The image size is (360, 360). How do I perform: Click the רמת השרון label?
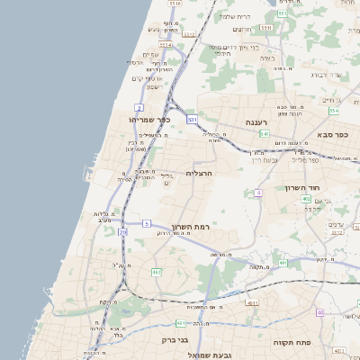tap(189, 227)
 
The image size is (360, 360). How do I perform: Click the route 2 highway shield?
tap(139, 107)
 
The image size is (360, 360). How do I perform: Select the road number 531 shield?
tap(192, 118)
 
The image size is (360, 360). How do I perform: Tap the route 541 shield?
tap(264, 133)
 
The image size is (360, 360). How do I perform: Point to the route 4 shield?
tap(259, 193)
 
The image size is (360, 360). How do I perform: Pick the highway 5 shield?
tap(146, 222)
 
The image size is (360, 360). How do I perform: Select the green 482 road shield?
tap(156, 271)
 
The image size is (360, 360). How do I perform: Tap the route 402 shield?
tap(306, 199)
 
